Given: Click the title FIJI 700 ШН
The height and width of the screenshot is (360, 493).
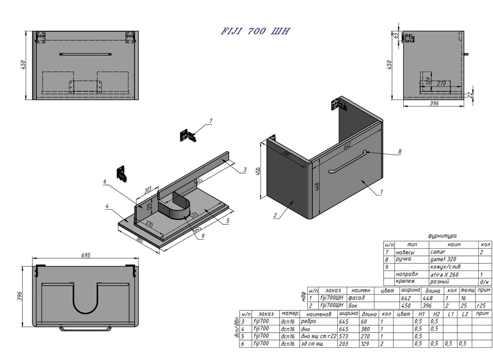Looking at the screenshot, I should click(255, 31).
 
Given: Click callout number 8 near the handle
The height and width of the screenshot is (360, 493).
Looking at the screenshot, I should click(400, 151).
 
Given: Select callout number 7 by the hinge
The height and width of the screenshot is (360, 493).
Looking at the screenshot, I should click(211, 121).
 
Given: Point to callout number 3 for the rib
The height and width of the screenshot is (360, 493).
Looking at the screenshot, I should click(245, 170).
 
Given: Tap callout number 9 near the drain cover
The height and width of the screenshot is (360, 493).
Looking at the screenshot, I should click(203, 236).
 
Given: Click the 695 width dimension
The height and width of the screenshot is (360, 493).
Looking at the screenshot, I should click(86, 255).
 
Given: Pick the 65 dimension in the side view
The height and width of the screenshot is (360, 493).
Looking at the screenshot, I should click(396, 36).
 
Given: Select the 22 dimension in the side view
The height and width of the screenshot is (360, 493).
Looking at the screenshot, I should click(470, 95).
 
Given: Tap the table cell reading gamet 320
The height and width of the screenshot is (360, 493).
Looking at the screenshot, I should click(443, 259).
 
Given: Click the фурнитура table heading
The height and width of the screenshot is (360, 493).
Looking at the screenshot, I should click(442, 236).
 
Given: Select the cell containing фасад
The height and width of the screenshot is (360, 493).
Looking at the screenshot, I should click(356, 298).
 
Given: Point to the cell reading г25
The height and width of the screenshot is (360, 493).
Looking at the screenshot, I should click(481, 305).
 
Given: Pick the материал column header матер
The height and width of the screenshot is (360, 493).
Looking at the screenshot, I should click(290, 314).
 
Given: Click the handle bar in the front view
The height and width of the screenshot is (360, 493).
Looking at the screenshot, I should click(86, 54).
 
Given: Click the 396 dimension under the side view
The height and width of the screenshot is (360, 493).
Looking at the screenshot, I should click(434, 103).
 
